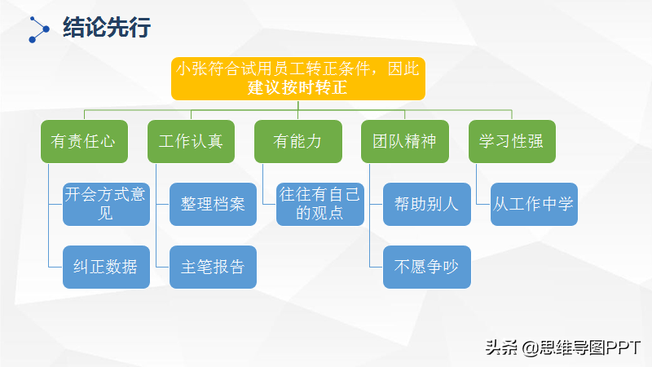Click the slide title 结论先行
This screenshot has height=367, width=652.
pos(107,29)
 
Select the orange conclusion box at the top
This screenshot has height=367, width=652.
pos(298,78)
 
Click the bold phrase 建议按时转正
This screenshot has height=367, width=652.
pos(298,88)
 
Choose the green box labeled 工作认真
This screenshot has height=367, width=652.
pos(191,140)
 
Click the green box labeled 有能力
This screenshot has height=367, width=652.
pos(298,140)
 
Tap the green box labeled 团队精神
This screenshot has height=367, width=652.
pos(405,140)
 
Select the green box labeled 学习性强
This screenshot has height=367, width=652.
pos(512,140)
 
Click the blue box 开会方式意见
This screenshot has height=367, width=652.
pos(106,204)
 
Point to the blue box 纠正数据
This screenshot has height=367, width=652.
pos(106,267)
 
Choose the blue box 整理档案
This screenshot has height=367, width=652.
pos(213,204)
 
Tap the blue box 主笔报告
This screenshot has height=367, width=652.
pos(213,267)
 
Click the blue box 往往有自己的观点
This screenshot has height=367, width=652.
pos(319,204)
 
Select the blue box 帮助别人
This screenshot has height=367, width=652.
pos(426,204)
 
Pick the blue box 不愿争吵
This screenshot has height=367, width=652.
pos(426,267)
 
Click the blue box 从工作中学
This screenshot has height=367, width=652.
pos(534,204)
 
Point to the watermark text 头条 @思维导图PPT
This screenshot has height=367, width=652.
pos(563,347)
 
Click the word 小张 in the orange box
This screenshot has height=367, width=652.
pos(190,69)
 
